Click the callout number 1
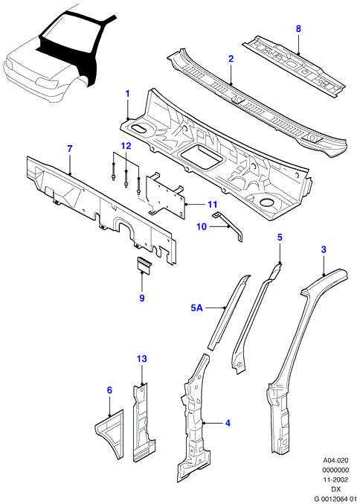[x=127, y=94]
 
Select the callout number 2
[x=231, y=59]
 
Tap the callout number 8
[x=298, y=28]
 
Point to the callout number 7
[x=70, y=149]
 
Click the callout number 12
[x=126, y=146]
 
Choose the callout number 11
[x=213, y=204]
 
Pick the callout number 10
[x=202, y=226]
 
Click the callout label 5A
[x=197, y=308]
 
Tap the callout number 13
[x=141, y=358]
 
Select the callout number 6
[x=109, y=390]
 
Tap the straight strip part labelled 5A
[x=228, y=313]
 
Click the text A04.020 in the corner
[x=335, y=461]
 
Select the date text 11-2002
[x=335, y=480]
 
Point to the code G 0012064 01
[x=331, y=499]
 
